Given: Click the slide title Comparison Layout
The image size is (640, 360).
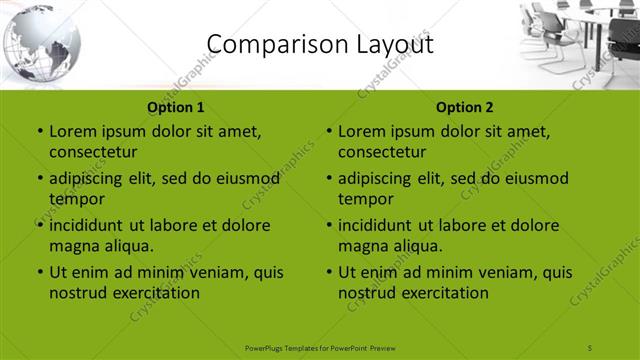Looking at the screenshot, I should [x=319, y=43].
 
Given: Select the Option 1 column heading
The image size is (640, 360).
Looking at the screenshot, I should [x=176, y=107].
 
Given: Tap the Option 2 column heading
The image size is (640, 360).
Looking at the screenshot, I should [x=465, y=107].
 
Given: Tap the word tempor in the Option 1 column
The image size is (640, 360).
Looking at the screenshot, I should [x=74, y=199].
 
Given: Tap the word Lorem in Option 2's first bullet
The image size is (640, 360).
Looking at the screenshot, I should [x=361, y=131].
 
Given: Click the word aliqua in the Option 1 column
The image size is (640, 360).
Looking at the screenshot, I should [x=128, y=246].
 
